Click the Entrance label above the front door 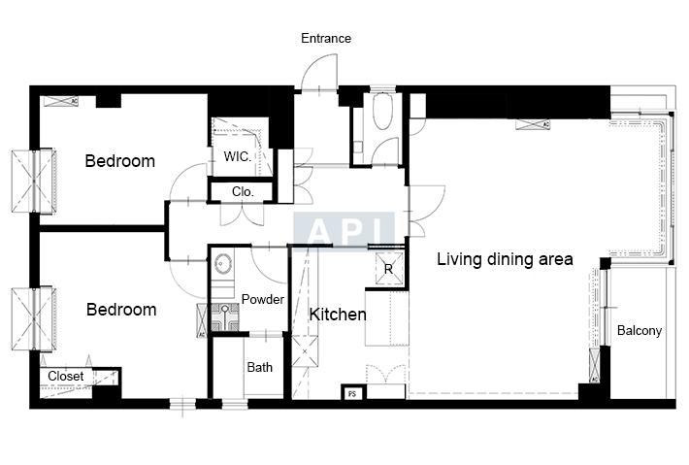point(326,38)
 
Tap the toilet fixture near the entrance point(381,111)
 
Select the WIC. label point(238,156)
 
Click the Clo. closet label point(243,191)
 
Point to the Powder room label point(263,299)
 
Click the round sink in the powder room point(223,264)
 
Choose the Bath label point(260,367)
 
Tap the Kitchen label point(338,315)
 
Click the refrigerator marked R point(389,269)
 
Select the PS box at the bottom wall point(352,394)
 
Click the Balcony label point(640,330)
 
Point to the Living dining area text point(505,259)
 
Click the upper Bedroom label point(120,161)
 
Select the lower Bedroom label point(121,310)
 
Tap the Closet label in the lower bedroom point(65,377)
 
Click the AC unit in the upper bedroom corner point(61,101)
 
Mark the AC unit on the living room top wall point(533,125)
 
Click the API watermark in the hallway point(344,229)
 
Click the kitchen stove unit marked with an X point(305,351)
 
